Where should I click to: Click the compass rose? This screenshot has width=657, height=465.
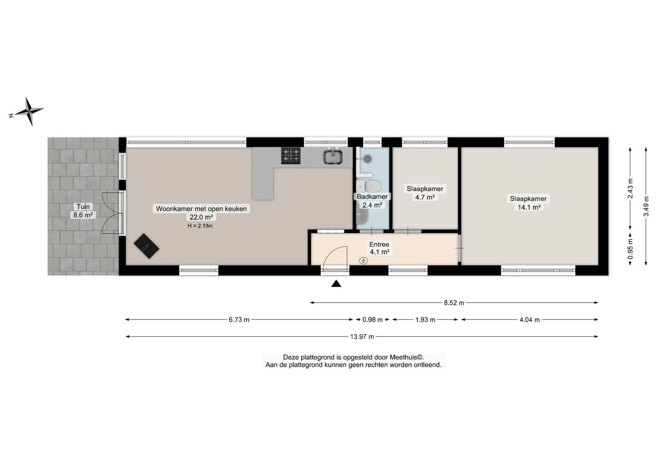click(x=29, y=111)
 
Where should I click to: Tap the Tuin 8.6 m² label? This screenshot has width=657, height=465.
click(x=83, y=211)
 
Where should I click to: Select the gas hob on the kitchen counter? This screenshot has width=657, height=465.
click(x=291, y=155)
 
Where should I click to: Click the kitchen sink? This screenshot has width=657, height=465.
click(x=333, y=156)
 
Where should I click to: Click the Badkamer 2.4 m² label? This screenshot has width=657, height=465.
click(x=372, y=201)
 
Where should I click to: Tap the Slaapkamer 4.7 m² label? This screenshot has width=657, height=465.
click(x=425, y=192)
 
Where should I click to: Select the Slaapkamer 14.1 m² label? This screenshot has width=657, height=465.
click(x=528, y=203)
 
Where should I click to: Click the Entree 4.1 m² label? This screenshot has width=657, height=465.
click(x=379, y=248)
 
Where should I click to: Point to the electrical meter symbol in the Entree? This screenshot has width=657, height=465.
click(x=364, y=260)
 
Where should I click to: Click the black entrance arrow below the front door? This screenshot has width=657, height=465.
click(x=336, y=283)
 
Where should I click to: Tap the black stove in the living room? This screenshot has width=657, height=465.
click(x=146, y=246)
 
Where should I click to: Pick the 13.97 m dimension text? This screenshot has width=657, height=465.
click(x=362, y=337)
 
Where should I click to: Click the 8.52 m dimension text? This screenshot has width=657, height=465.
click(x=454, y=303)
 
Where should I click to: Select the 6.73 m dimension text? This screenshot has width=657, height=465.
click(x=239, y=319)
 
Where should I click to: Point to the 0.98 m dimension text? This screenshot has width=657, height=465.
click(x=373, y=319)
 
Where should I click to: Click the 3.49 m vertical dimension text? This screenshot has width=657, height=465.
click(x=646, y=206)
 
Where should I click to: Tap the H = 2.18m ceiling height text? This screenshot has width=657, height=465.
click(x=200, y=226)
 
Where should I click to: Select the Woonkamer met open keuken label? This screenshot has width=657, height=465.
click(x=201, y=209)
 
